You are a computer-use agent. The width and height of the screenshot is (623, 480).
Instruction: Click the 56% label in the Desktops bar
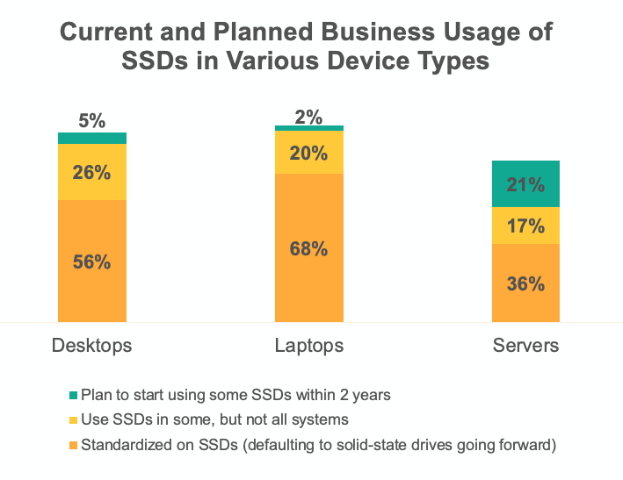tap(92, 261)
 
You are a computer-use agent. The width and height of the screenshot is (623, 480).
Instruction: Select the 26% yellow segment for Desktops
tap(92, 171)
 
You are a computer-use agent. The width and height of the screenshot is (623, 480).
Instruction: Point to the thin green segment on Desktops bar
tap(92, 138)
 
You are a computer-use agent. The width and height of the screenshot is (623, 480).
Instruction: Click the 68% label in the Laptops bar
tap(309, 248)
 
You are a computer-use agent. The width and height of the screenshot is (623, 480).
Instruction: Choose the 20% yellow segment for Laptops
tap(309, 153)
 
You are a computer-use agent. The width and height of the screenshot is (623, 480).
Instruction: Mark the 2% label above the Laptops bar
tap(309, 115)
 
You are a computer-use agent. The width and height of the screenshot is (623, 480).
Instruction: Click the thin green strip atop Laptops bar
tap(309, 128)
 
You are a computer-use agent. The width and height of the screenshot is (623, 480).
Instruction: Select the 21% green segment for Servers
tap(525, 184)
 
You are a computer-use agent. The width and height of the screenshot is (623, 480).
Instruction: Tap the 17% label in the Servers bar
tap(525, 226)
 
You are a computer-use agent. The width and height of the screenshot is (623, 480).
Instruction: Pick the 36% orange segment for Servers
tap(525, 283)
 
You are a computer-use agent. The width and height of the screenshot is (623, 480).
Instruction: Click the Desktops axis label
tap(92, 345)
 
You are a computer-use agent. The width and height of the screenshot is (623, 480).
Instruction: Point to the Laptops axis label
tap(309, 345)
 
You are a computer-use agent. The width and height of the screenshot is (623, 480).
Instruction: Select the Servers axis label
tap(525, 345)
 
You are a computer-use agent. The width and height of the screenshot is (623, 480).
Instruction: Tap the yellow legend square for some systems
tap(73, 420)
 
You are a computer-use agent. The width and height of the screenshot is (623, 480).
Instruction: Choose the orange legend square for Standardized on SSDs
tap(73, 446)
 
